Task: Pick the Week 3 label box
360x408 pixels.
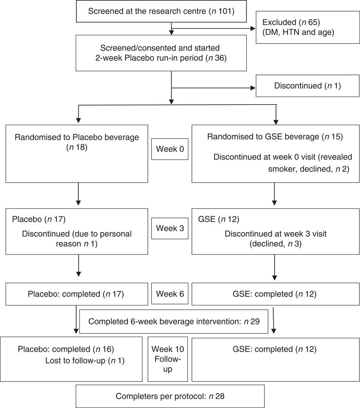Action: pos(169,229)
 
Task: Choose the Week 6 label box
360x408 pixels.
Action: pos(170,294)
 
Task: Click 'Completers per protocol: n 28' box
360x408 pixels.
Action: pos(170,396)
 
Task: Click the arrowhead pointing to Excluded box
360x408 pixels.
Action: pos(253,28)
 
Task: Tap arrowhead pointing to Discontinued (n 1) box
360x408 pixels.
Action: pos(253,87)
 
